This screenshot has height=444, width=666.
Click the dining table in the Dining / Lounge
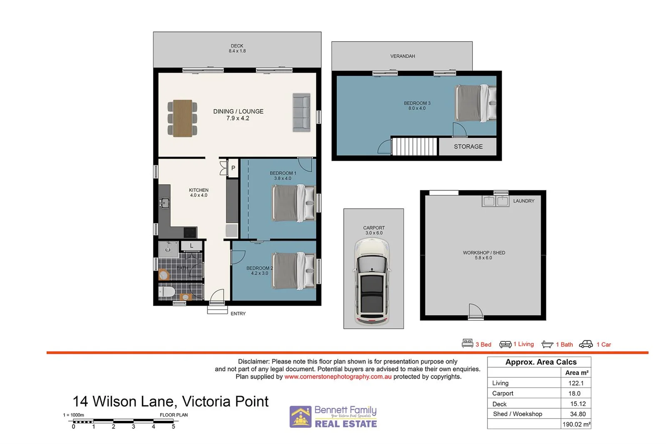click(x=183, y=118)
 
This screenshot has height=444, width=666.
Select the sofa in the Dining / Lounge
click(x=301, y=112)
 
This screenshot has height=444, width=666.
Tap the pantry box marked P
click(x=233, y=168)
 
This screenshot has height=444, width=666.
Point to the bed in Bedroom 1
click(x=293, y=203)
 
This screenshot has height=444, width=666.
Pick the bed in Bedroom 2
click(x=293, y=270)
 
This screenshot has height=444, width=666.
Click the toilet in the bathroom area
click(x=167, y=291)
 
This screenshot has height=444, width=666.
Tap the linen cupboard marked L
click(x=191, y=246)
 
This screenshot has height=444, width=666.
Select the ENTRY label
click(x=238, y=314)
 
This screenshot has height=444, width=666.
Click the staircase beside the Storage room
click(x=415, y=146)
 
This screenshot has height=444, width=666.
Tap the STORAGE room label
click(x=468, y=146)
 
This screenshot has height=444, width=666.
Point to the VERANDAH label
click(x=402, y=56)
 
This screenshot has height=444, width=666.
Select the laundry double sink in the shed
click(x=495, y=201)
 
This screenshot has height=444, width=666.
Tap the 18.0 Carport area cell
click(x=574, y=393)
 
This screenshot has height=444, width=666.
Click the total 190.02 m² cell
click(x=576, y=424)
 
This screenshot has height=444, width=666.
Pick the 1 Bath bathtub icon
click(x=547, y=344)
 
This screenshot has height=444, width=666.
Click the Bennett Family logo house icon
click(x=301, y=417)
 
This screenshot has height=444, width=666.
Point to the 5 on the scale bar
click(x=174, y=427)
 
